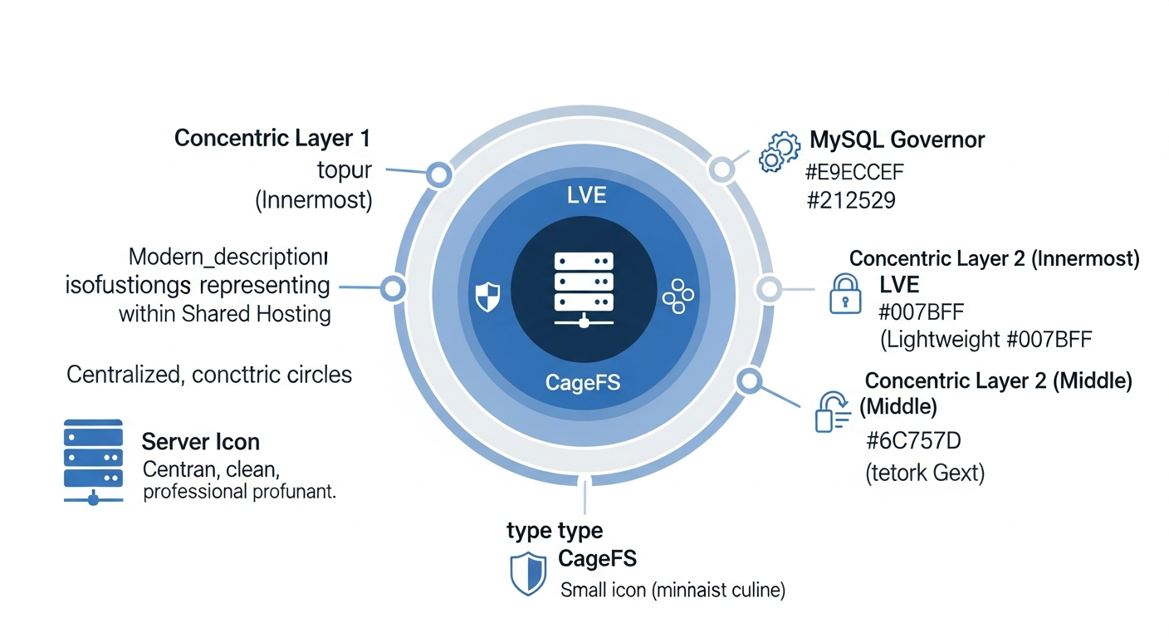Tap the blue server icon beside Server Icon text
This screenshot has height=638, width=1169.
pos(93,461)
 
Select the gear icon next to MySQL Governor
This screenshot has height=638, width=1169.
pos(780,151)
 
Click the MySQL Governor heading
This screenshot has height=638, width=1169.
pos(897,140)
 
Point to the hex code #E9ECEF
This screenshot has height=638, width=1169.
pos(854,173)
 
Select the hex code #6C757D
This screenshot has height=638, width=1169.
pos(912,440)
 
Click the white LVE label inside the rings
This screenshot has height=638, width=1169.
pos(585,196)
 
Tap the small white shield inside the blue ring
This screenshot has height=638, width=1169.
pos(487,296)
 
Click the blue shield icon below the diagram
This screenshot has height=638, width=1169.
pos(528,573)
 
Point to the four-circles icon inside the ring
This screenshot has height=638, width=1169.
pos(677,297)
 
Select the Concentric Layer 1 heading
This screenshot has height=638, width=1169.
pos(272,138)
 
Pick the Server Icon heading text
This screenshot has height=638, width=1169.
pos(201,441)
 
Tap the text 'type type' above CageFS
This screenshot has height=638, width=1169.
pos(555,530)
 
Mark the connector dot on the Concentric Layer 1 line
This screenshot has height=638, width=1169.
pos(438,174)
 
